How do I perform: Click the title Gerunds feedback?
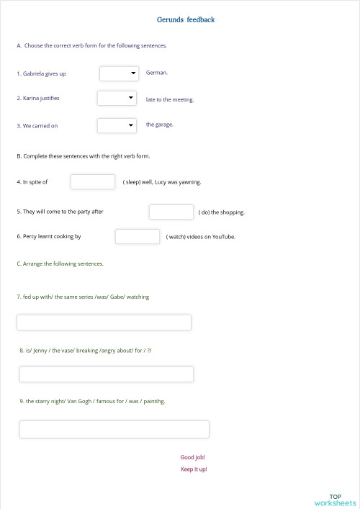tap(186, 19)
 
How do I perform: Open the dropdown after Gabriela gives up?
tap(120, 73)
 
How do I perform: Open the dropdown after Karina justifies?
tap(117, 98)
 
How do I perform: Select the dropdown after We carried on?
tap(117, 125)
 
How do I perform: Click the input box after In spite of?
tap(93, 182)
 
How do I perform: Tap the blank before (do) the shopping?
tap(171, 212)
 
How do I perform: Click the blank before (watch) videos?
tap(138, 236)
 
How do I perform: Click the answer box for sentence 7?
tap(104, 323)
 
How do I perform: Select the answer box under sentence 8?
tap(107, 374)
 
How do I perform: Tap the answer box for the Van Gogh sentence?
tap(114, 429)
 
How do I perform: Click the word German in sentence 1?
tap(156, 73)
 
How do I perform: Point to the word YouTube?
tap(223, 237)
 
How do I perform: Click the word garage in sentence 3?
tap(164, 125)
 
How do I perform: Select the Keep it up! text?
tap(194, 469)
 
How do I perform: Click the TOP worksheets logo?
tap(335, 500)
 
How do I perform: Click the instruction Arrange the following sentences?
tap(60, 263)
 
